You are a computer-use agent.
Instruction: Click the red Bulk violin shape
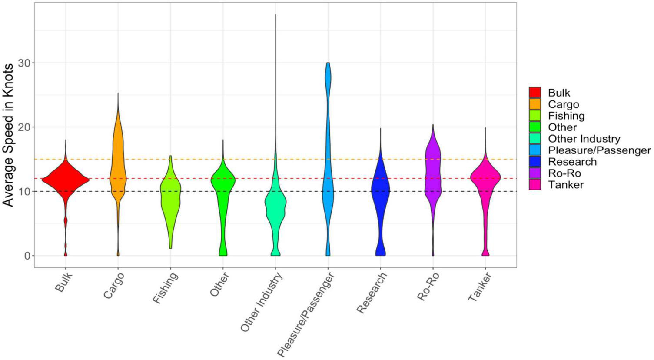(66, 179)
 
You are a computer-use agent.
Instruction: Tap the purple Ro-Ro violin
(433, 174)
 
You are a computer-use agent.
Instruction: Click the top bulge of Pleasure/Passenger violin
(328, 78)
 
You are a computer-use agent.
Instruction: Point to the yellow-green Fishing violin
(170, 196)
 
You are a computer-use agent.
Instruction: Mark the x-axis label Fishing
(166, 288)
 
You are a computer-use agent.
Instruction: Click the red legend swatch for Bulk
(534, 93)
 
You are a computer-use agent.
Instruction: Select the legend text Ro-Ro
(564, 173)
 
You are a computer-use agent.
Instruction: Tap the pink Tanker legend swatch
(534, 185)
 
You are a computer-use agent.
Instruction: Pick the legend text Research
(572, 162)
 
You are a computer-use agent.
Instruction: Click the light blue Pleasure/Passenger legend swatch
(534, 150)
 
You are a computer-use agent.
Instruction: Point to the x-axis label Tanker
(480, 287)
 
